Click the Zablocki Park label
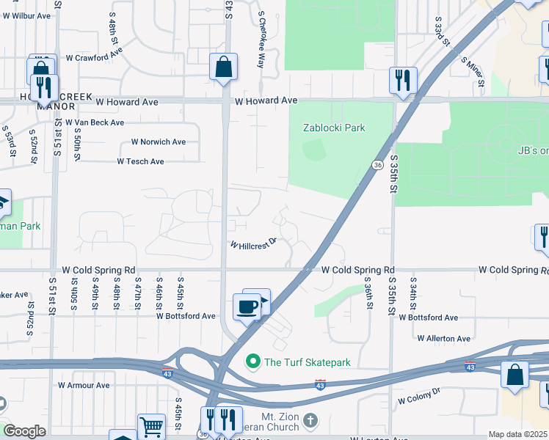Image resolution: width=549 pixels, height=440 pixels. pyautogui.click(x=334, y=128)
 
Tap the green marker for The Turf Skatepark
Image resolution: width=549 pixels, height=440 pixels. pyautogui.click(x=253, y=362)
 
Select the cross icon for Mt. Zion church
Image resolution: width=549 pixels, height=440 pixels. pyautogui.click(x=310, y=421)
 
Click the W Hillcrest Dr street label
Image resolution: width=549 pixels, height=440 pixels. pyautogui.click(x=253, y=243)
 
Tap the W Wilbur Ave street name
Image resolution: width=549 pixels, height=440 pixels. pyautogui.click(x=25, y=15)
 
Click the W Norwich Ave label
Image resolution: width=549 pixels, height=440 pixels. pyautogui.click(x=159, y=142)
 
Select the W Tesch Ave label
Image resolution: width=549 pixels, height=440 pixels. pyautogui.click(x=140, y=161)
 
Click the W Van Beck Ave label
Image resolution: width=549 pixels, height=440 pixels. pyautogui.click(x=95, y=122)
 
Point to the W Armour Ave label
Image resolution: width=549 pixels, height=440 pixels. pyautogui.click(x=84, y=385)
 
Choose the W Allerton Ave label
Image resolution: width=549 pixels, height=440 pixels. pyautogui.click(x=444, y=339)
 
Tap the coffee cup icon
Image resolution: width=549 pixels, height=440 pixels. pyautogui.click(x=247, y=307)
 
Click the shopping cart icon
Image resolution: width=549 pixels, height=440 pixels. pyautogui.click(x=151, y=425)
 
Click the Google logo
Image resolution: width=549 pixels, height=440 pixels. pyautogui.click(x=24, y=431)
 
